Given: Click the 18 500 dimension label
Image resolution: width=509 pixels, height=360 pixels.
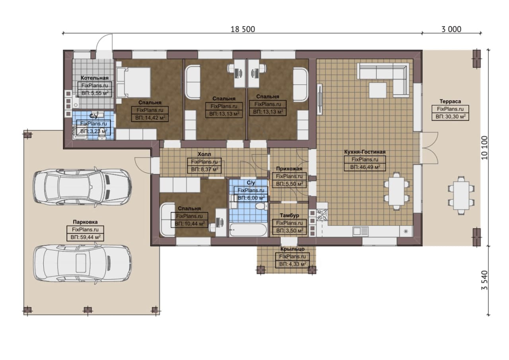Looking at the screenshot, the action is pos(243,29).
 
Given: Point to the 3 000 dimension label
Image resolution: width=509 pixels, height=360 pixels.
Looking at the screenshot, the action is pos(451,29).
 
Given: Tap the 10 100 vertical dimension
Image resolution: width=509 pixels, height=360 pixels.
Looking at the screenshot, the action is pos(484,148).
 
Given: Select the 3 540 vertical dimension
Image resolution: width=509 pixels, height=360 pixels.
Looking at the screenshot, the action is pos(484,280).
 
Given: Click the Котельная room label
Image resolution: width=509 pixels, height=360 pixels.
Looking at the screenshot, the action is pos(95,78).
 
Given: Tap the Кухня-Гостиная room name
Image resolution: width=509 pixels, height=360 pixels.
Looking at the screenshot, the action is pos(365,152).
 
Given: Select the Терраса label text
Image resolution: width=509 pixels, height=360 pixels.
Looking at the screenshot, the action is pos(450,101).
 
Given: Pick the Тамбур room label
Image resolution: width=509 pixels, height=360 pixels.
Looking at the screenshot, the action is pos(289,215).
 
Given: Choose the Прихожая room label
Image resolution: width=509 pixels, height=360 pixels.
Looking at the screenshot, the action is pos(289,169).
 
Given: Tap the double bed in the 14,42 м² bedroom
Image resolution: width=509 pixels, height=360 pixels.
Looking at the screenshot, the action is pos(133,82).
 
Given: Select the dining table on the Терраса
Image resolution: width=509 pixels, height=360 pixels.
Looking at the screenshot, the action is pos(461,195).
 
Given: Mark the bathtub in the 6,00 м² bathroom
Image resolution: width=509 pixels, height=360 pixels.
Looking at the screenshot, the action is pos(248,230).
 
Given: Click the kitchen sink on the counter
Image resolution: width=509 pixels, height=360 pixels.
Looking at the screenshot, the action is pos(360,232).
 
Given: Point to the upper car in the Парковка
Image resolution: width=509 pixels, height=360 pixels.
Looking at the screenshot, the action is pos(82,188).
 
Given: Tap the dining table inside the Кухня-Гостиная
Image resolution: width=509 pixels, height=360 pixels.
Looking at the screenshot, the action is pos(396,191).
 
